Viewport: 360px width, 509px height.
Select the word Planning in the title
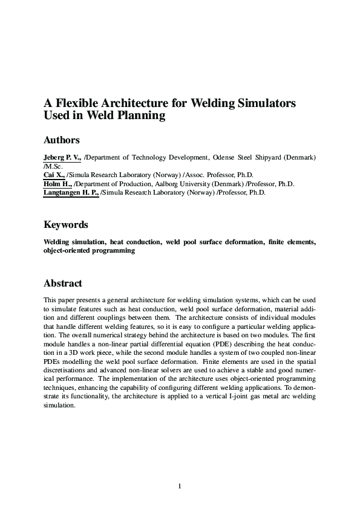[142, 116]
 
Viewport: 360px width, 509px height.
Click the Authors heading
[62, 140]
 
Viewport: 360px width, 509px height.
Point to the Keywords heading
[66, 225]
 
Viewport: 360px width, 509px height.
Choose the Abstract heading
[63, 284]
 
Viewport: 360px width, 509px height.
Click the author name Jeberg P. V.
[62, 158]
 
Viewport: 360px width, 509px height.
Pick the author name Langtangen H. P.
[71, 193]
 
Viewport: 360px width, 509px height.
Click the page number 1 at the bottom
[180, 485]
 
